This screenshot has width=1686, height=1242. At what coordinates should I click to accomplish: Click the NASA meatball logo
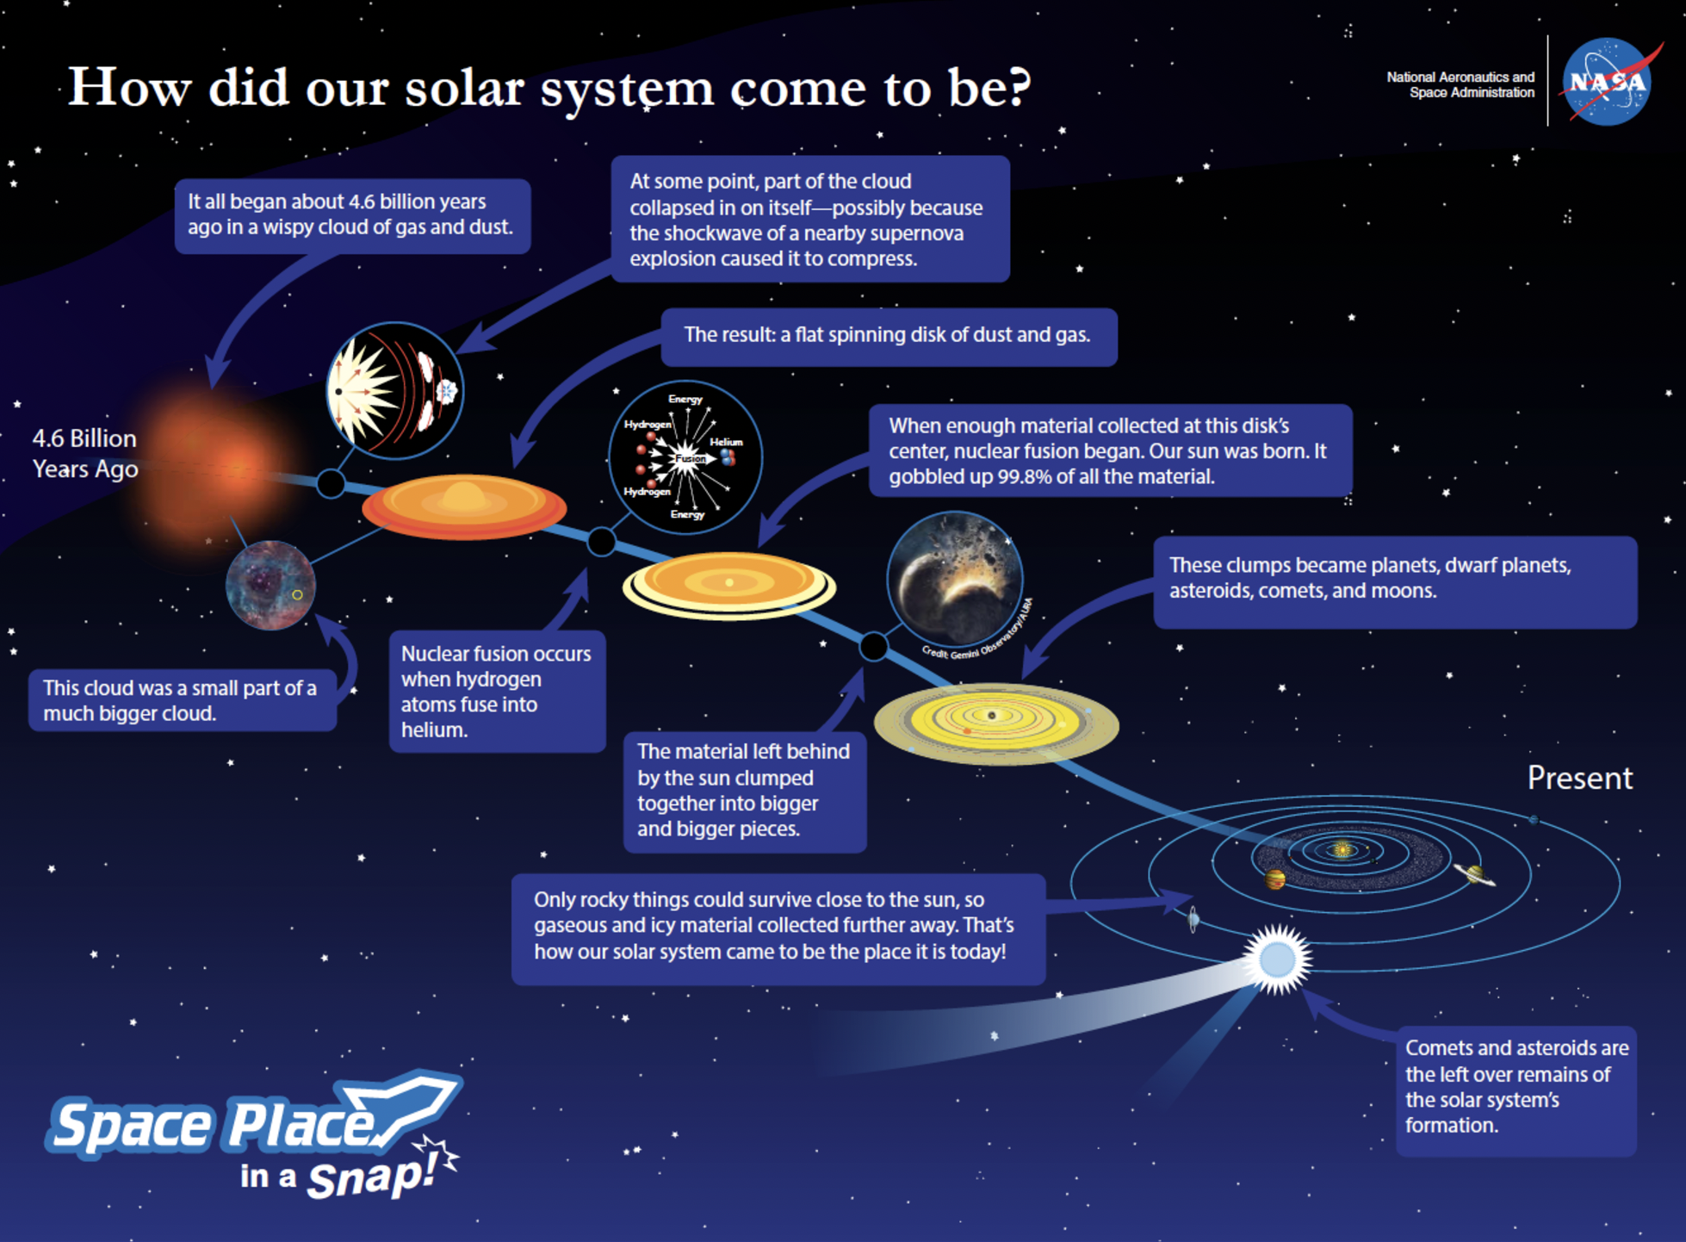click(x=1607, y=82)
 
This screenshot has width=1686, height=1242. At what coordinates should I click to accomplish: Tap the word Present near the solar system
click(x=1578, y=778)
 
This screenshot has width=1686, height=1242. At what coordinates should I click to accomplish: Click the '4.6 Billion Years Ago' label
click(x=84, y=454)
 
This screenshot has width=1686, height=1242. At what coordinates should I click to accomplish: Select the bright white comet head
click(x=1277, y=959)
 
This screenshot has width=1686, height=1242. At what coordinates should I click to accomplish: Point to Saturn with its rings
click(x=1475, y=875)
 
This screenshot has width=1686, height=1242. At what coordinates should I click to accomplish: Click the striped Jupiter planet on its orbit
click(x=1274, y=879)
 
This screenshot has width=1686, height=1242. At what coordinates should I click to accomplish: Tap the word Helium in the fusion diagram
click(x=726, y=442)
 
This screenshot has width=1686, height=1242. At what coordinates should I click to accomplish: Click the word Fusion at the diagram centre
click(x=690, y=459)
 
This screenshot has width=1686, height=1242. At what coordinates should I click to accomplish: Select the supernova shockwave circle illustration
click(x=394, y=390)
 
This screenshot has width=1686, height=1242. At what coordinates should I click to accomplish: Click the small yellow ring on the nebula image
click(x=297, y=595)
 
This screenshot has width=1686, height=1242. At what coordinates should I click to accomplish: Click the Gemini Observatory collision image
click(x=954, y=579)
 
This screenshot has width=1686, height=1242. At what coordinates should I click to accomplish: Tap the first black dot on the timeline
click(x=331, y=483)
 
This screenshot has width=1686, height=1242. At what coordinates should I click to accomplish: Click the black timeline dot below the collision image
click(x=873, y=646)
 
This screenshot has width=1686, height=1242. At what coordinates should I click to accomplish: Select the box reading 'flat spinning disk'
click(x=888, y=336)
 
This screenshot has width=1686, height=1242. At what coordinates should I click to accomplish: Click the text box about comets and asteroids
click(x=1516, y=1087)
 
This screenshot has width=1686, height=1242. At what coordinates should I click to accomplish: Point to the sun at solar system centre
click(x=1341, y=850)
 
